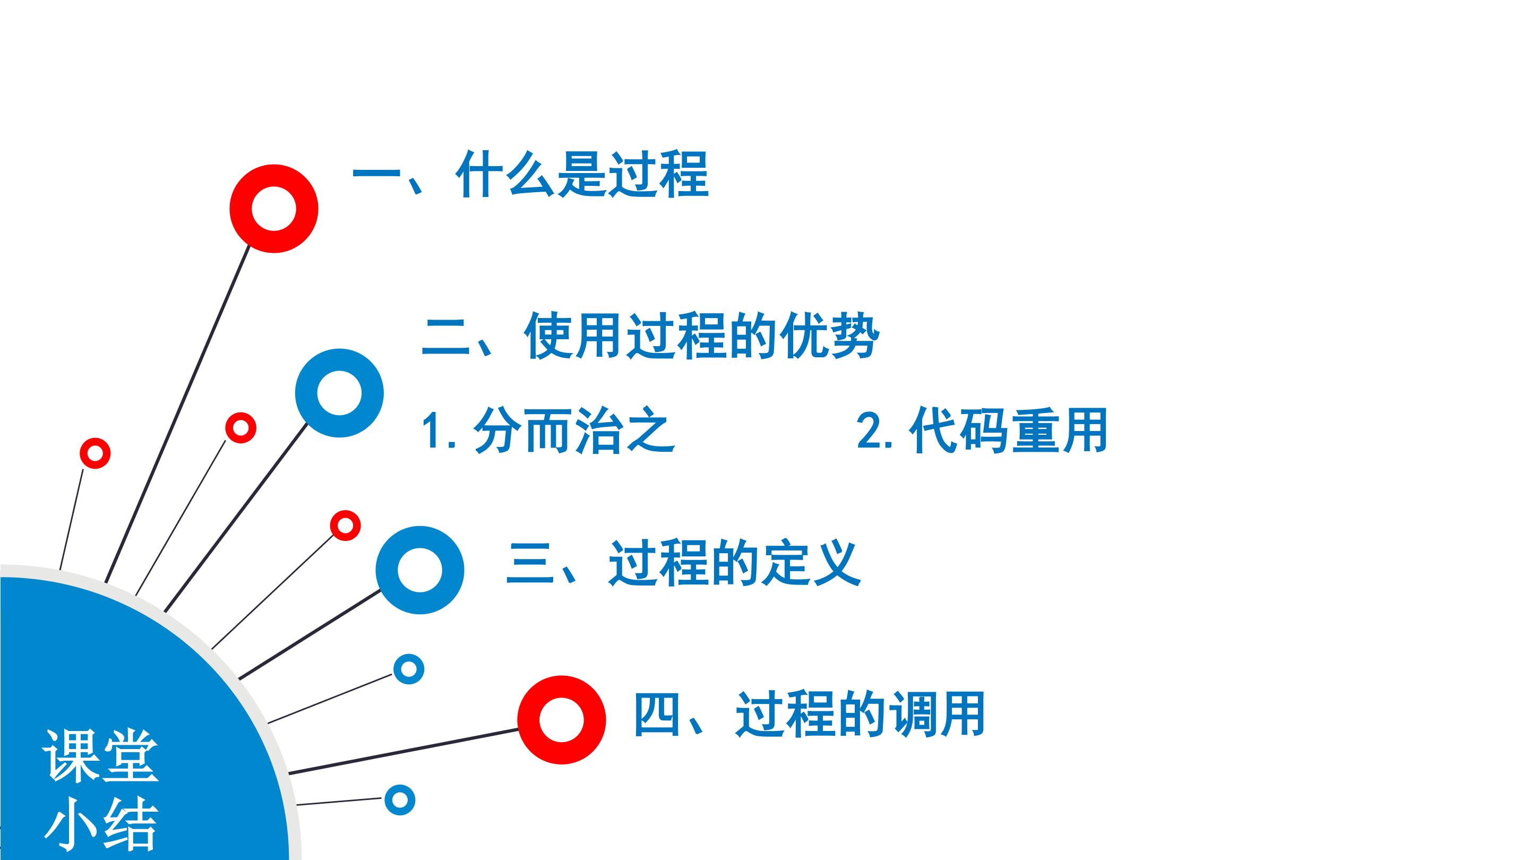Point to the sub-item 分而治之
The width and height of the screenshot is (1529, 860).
[x=574, y=431]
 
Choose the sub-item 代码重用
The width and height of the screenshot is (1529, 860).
[x=1008, y=431]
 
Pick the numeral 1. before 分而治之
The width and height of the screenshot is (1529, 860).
[x=439, y=431]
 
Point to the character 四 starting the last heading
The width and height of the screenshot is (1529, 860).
[x=657, y=714]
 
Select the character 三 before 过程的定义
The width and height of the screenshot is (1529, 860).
[x=529, y=563]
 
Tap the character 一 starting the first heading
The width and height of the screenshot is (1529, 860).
[x=376, y=175]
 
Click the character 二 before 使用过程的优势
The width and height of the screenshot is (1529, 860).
[x=445, y=337]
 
